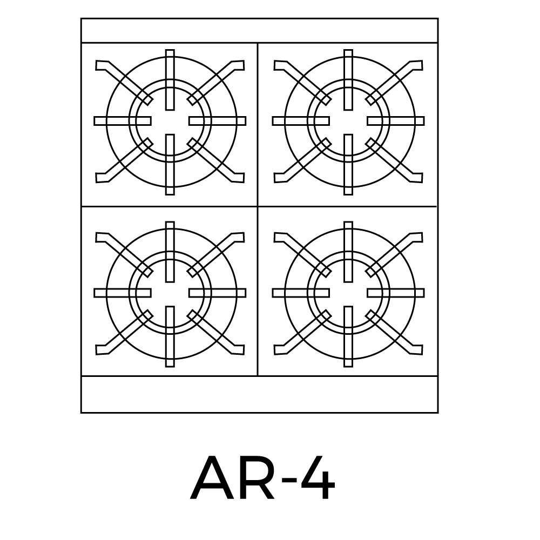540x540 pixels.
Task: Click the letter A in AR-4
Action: click(212, 478)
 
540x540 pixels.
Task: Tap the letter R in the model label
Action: click(256, 478)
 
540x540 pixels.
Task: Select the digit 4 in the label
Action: click(318, 478)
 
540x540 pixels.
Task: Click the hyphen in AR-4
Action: click(288, 482)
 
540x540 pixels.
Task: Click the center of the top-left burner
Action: click(170, 121)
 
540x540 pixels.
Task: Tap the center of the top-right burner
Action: click(348, 121)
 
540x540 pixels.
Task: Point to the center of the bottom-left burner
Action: click(170, 293)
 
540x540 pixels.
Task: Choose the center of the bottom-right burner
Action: click(348, 293)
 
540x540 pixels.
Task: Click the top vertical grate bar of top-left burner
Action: click(170, 80)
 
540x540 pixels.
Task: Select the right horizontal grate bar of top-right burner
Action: click(396, 121)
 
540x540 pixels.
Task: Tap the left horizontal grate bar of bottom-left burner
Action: click(122, 293)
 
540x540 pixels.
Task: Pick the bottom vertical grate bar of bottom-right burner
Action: click(348, 336)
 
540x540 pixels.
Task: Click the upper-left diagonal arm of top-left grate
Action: click(124, 82)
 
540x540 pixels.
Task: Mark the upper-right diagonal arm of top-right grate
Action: click(394, 82)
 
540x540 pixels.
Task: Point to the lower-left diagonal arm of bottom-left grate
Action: click(124, 332)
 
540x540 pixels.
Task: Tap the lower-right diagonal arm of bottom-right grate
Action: click(394, 332)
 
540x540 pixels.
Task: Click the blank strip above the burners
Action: click(260, 31)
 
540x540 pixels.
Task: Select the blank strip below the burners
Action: click(260, 394)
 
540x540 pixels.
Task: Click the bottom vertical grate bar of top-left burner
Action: click(170, 165)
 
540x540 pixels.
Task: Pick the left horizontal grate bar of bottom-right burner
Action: click(301, 293)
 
